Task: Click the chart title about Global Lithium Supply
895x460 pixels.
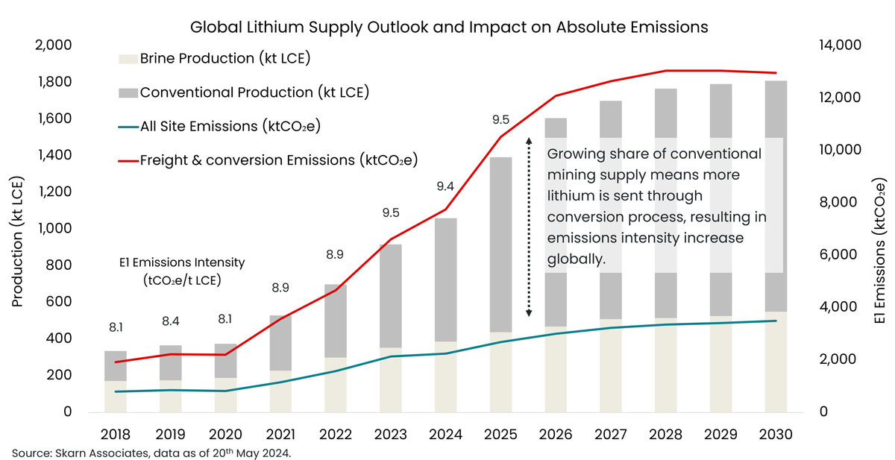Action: [x=448, y=27]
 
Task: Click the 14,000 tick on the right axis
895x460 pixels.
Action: [x=841, y=45]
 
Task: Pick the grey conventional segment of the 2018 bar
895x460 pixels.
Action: [x=115, y=365]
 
